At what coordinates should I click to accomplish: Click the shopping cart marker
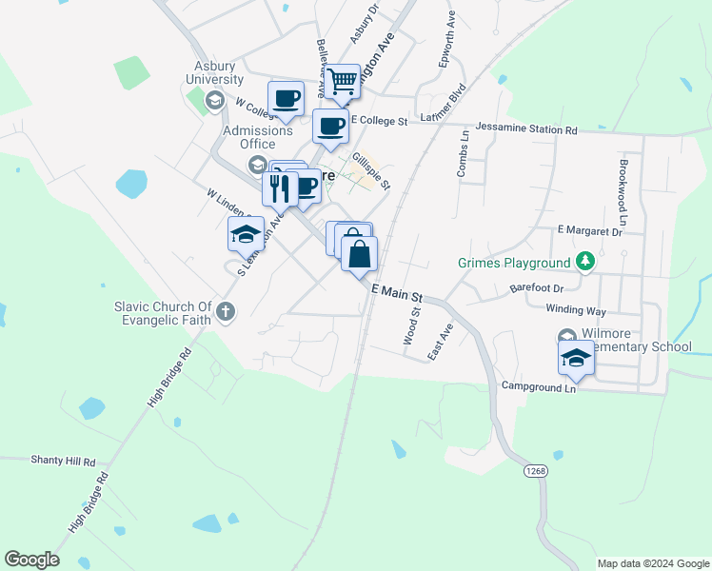[343, 83]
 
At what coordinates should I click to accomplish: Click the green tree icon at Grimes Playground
[585, 261]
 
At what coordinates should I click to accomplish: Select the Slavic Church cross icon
[226, 310]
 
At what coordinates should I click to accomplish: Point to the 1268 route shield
[535, 471]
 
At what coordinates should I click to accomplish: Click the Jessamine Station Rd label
[526, 128]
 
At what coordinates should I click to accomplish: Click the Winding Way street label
[576, 309]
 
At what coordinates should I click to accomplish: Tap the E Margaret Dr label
[589, 230]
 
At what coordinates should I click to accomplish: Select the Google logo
[31, 560]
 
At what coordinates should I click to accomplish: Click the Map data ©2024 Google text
[653, 563]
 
